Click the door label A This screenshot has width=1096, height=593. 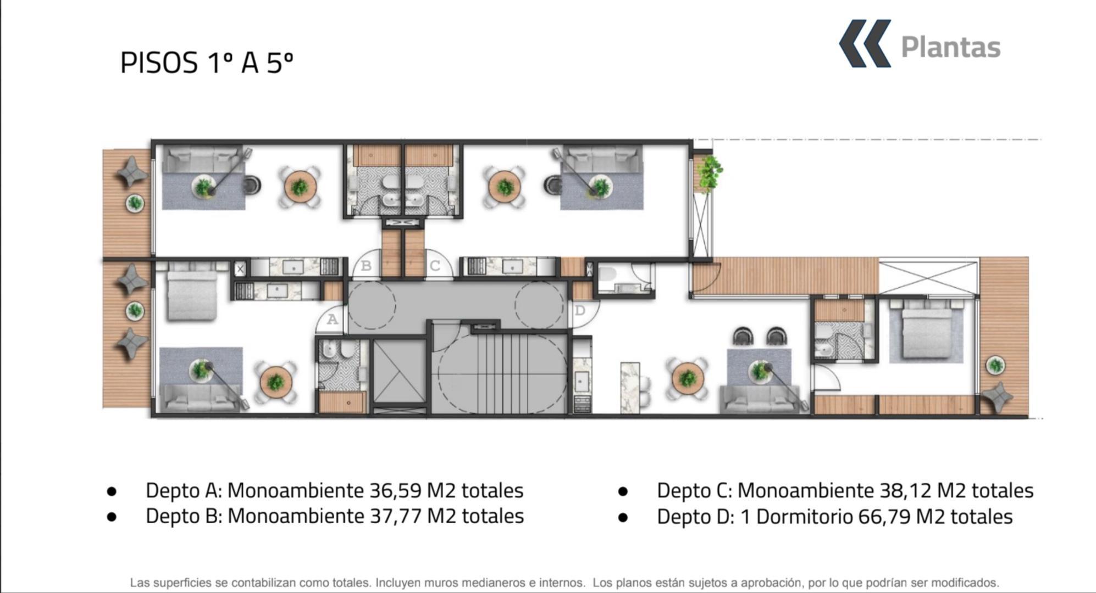[332, 319]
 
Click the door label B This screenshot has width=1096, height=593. [366, 266]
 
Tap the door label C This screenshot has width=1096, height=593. [435, 266]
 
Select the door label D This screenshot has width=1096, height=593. [580, 311]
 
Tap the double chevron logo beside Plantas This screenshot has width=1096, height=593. [865, 44]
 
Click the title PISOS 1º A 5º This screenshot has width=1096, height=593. [206, 63]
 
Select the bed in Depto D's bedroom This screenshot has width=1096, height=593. [926, 332]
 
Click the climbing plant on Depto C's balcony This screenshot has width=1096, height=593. [709, 172]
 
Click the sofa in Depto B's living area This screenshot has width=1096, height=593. [203, 159]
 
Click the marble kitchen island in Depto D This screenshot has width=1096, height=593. [630, 387]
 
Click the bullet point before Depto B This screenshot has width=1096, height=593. [112, 517]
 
